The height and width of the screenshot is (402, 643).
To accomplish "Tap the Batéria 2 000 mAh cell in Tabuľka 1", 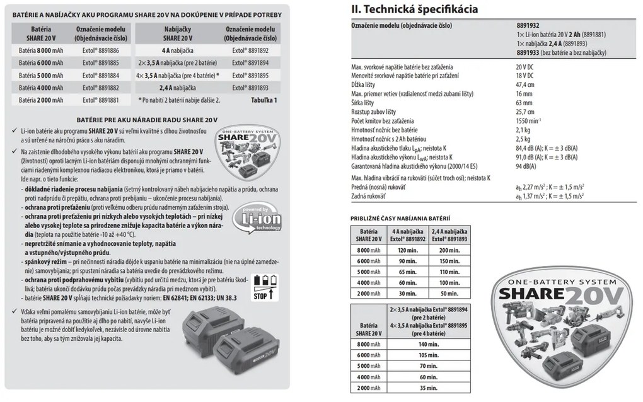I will pyautogui.click(x=41, y=100).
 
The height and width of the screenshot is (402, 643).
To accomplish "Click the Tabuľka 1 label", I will pyautogui.click(x=262, y=100).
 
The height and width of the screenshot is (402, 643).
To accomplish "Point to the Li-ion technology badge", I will pyautogui.click(x=253, y=222).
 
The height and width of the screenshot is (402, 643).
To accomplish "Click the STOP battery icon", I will pyautogui.click(x=263, y=287).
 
